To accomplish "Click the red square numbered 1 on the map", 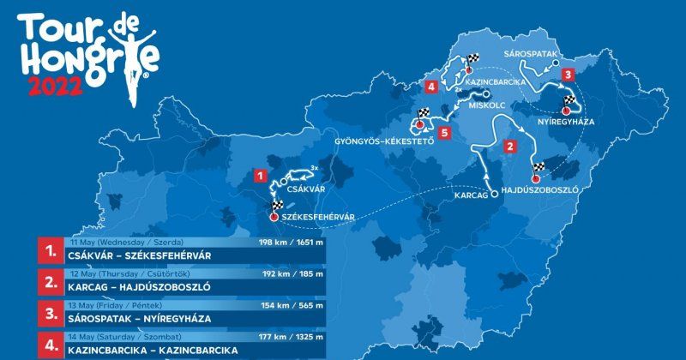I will pos(260,175).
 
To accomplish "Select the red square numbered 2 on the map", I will pos(510,147).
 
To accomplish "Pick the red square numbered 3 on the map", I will pos(568,75).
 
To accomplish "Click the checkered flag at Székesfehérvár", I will pos(277,206).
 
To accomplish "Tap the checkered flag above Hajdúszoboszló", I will pos(538,166).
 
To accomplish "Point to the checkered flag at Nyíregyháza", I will pos(569,101).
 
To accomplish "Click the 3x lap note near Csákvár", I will pos(316,167).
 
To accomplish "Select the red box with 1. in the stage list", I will pos(51,250).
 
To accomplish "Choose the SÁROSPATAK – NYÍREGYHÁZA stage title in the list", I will pos(140,318).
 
